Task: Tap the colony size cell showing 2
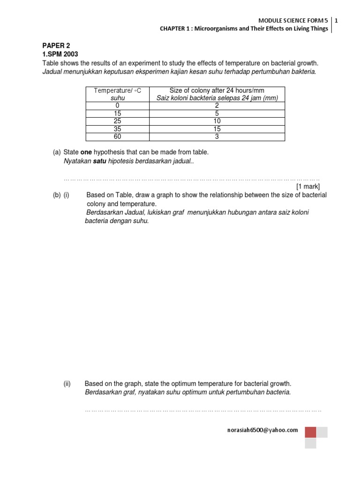click(217, 106)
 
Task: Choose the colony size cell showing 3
click(217, 136)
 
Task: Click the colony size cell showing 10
click(217, 121)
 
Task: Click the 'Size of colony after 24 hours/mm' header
click(217, 90)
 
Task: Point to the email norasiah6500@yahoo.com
click(262, 430)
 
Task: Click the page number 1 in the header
click(337, 20)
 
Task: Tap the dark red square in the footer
click(310, 432)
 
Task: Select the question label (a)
click(57, 152)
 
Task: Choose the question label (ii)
click(67, 383)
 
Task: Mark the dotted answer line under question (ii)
click(203, 410)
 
